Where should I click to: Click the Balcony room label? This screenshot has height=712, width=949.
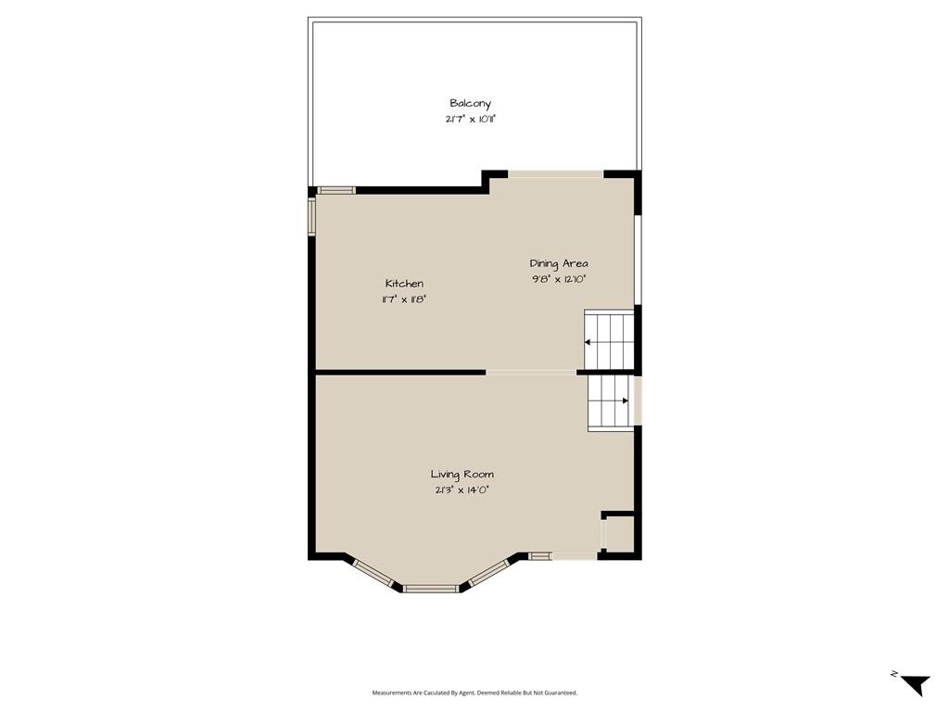point(470,104)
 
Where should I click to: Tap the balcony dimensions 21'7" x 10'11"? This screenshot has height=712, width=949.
point(470,120)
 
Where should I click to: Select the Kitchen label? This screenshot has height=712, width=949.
point(404,284)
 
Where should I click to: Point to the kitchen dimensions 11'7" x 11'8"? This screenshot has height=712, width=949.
point(404,299)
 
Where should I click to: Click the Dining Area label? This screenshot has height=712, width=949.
point(559,263)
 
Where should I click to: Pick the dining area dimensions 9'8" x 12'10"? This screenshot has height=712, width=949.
point(559,279)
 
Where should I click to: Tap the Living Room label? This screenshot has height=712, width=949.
point(462,475)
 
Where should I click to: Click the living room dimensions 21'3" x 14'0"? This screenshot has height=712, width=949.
point(462,490)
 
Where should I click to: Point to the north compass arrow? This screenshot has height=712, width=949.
point(917,685)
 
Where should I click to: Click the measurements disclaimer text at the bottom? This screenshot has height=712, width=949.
point(474,693)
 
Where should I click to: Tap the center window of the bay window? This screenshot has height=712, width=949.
point(431,588)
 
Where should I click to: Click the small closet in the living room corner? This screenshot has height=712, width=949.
point(618,534)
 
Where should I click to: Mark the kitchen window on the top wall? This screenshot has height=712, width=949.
point(336,190)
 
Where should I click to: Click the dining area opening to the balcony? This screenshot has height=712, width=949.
point(556,174)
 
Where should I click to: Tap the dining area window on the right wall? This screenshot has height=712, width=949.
point(638,260)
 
